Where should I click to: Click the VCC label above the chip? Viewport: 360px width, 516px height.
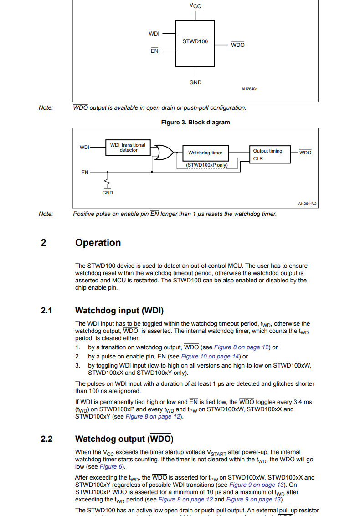[x=195, y=6]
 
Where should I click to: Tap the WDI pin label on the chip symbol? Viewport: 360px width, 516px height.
[x=154, y=34]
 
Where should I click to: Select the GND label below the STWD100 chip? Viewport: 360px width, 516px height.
[x=195, y=82]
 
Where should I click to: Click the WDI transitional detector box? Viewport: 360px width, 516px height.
[x=128, y=148]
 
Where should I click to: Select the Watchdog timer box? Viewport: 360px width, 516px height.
[x=205, y=153]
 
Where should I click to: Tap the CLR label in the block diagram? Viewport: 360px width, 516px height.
[x=258, y=159]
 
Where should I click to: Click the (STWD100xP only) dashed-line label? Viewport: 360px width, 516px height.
[x=206, y=165]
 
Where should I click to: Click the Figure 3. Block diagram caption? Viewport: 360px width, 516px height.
[x=195, y=123]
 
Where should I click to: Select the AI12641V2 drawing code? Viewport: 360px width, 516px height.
[x=307, y=204]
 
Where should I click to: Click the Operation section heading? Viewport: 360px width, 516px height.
[x=98, y=243]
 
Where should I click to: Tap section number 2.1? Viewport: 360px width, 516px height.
[x=46, y=311]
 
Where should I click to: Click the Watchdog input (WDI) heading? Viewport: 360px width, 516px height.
[x=119, y=311]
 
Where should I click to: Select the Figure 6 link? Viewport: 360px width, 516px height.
[x=108, y=467]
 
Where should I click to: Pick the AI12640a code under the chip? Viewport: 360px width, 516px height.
[x=249, y=89]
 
